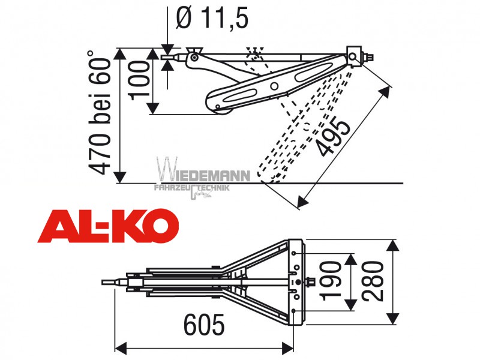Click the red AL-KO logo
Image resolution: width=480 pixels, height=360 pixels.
pyautogui.click(x=108, y=226)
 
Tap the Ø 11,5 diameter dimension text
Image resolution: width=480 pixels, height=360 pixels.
pyautogui.click(x=212, y=19)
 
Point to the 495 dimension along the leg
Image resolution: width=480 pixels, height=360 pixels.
pyautogui.click(x=334, y=137)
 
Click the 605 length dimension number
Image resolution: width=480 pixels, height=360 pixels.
pyautogui.click(x=204, y=324)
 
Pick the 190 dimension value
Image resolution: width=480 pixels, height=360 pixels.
pyautogui.click(x=329, y=281)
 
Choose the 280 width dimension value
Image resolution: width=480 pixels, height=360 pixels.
pyautogui.click(x=372, y=281)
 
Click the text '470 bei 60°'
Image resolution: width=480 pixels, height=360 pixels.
pyautogui.click(x=100, y=113)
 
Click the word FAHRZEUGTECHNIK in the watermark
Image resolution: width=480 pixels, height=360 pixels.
pyautogui.click(x=192, y=188)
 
